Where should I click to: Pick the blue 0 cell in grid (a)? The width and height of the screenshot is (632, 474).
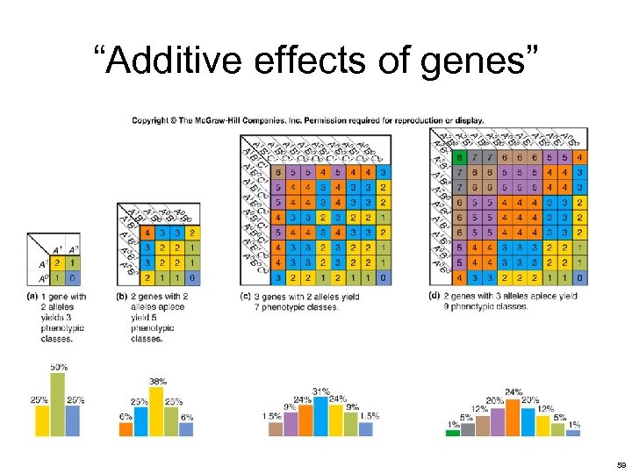[x=71, y=278]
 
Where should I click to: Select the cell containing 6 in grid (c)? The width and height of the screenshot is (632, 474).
[x=278, y=173]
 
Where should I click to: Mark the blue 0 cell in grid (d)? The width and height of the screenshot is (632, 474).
[x=579, y=277]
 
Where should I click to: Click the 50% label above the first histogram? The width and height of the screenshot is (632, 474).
[x=58, y=366]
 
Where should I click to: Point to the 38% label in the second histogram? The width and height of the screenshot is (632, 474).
[x=158, y=382]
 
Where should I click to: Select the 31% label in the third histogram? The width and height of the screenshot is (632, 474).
[x=321, y=391]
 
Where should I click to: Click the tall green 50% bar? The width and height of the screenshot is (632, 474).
[x=58, y=404]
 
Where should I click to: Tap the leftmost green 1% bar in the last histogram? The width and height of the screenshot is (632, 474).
[x=453, y=432]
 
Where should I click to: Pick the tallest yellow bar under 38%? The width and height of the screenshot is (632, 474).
[x=158, y=411]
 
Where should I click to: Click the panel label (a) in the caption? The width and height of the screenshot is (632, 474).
[x=33, y=297]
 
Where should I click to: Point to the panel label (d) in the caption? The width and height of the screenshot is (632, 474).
[x=434, y=296]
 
